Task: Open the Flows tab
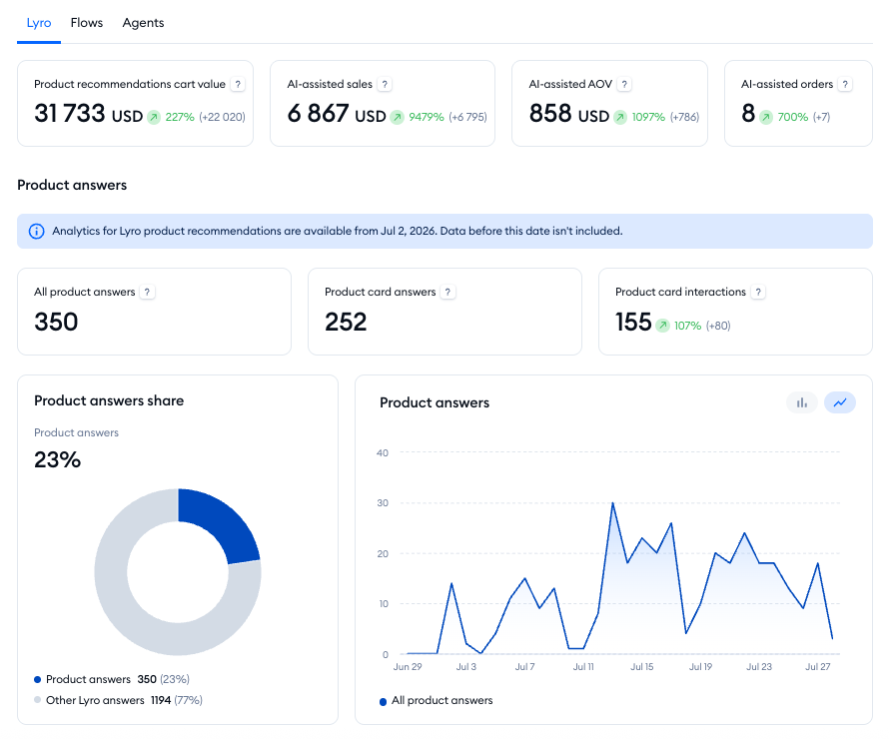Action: [x=87, y=23]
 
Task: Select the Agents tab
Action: [x=143, y=23]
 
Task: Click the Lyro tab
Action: [x=39, y=23]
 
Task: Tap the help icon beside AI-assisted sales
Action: [x=385, y=85]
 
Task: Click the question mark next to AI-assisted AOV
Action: [x=624, y=85]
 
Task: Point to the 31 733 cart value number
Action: [x=70, y=113]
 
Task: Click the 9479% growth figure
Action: [x=427, y=117]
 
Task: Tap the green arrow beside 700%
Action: [x=766, y=117]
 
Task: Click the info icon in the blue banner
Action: [x=36, y=232]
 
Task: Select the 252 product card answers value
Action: [x=346, y=322]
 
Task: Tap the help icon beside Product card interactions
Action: [x=758, y=292]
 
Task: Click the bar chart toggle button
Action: [x=802, y=402]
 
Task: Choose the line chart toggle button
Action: [x=840, y=402]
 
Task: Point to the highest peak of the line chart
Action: [x=613, y=502]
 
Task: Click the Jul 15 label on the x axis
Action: [x=642, y=667]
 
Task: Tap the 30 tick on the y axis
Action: [x=383, y=503]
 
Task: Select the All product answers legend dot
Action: [x=384, y=702]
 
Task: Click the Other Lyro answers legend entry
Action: [x=118, y=700]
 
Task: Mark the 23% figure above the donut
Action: [x=57, y=459]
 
